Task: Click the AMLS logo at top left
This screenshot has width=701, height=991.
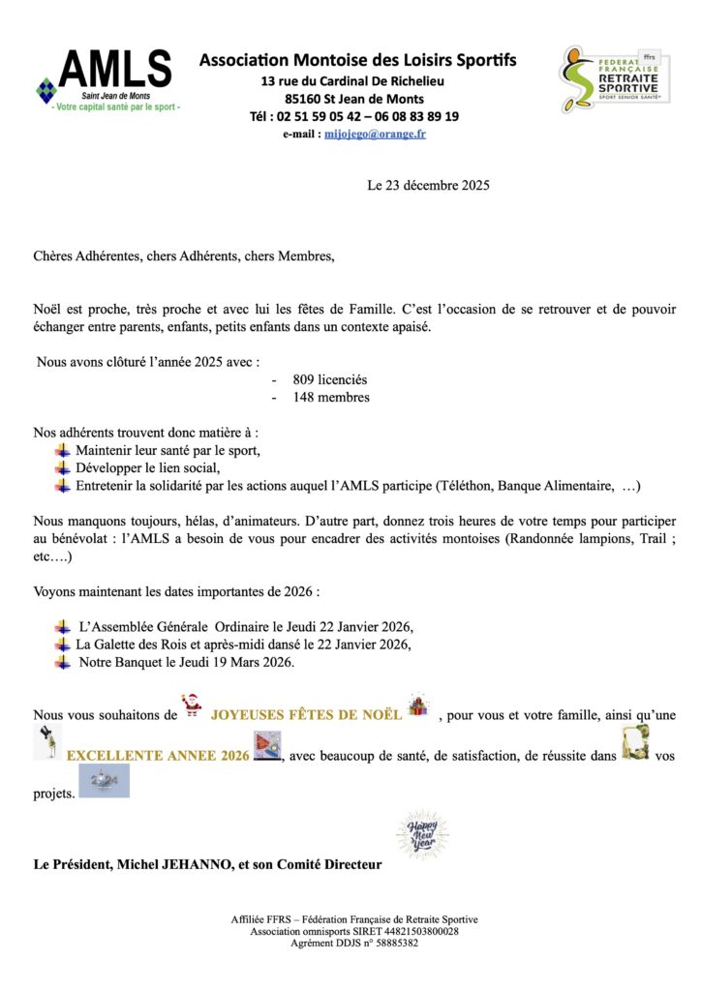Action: [107, 78]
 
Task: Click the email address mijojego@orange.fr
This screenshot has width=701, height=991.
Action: [375, 135]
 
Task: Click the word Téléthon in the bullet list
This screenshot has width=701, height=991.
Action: [471, 485]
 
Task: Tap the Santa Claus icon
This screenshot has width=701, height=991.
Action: [192, 707]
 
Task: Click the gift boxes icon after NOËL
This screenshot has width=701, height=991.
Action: [417, 706]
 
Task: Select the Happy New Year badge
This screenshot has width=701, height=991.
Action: [422, 833]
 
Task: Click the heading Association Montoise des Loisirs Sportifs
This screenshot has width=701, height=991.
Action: [357, 60]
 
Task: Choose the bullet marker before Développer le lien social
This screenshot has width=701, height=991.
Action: [63, 467]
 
